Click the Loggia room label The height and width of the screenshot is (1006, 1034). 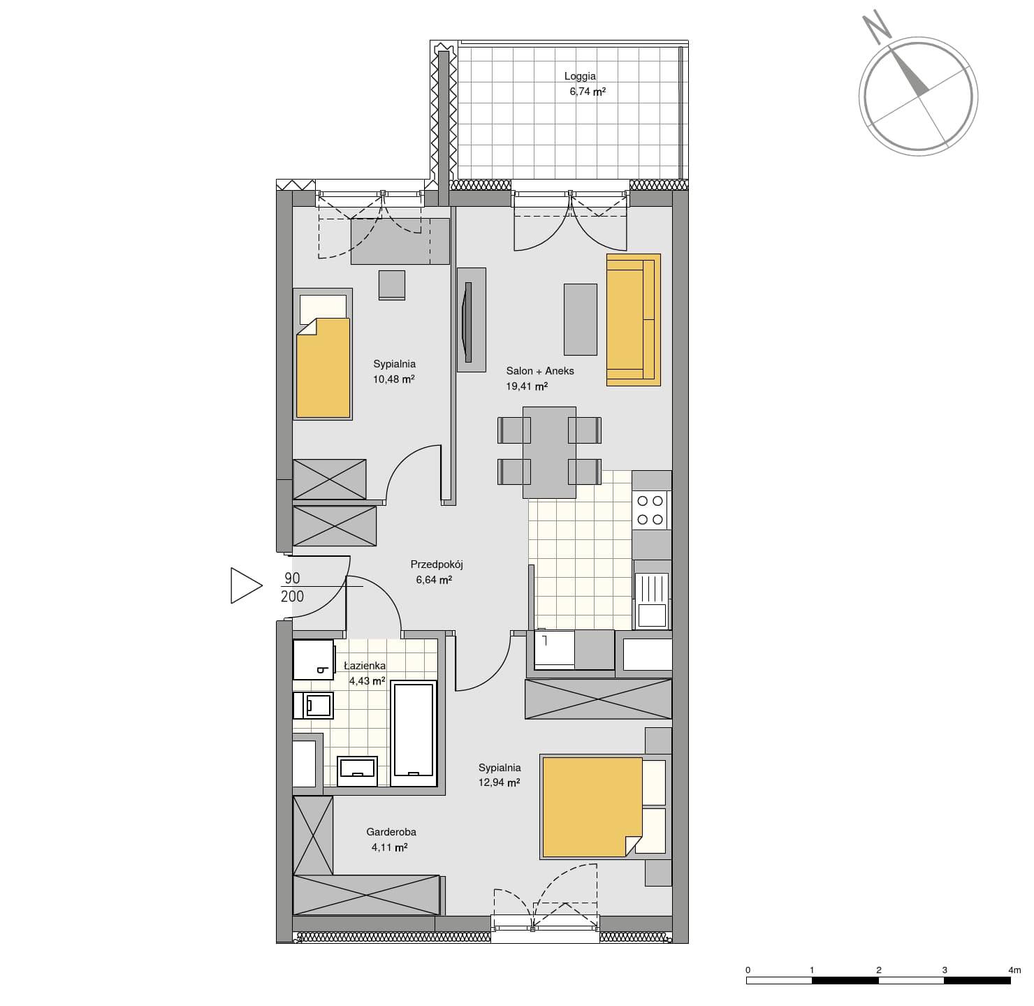point(580,76)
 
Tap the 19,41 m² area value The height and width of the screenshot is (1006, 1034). point(527,386)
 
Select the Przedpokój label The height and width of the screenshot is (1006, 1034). point(437,564)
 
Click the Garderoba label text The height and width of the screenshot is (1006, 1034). point(391,831)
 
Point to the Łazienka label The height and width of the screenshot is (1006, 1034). point(365,665)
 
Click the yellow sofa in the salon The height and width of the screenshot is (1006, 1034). point(634,319)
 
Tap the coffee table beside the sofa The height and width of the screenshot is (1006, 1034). point(581,319)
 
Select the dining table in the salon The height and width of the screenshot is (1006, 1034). point(549,452)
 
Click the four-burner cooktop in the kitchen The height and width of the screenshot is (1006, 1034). point(651,510)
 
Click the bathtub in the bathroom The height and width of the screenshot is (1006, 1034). point(414,734)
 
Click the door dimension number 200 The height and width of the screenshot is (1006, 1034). point(292,597)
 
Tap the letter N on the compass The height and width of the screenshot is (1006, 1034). point(878,28)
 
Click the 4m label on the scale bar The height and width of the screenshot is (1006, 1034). point(1014,970)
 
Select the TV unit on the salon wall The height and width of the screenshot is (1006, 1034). point(472,319)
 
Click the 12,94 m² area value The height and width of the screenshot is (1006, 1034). point(499,782)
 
